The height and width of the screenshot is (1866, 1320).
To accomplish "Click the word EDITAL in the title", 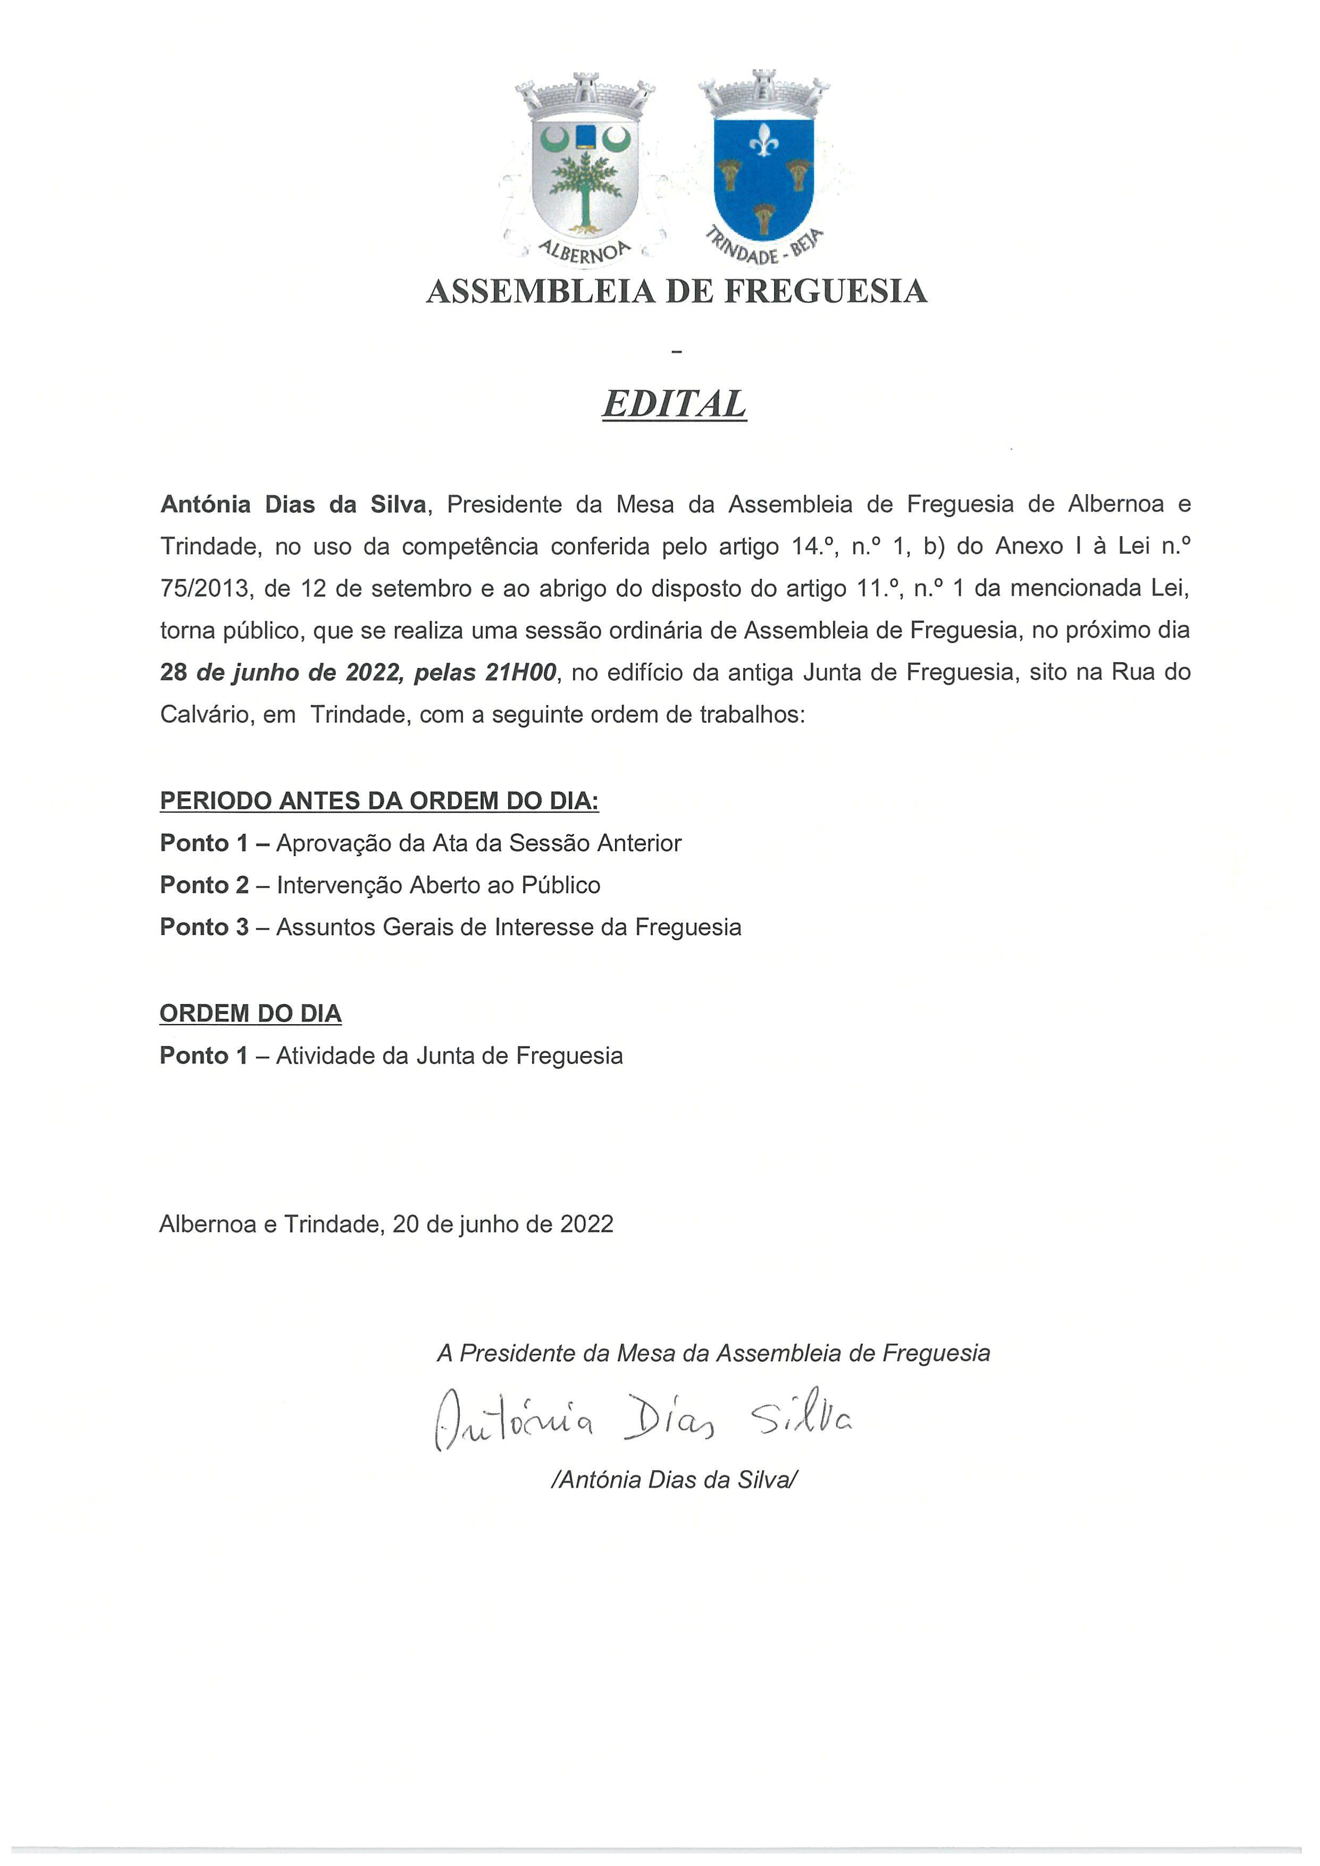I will [674, 404].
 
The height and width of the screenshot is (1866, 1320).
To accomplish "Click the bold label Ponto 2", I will [204, 885].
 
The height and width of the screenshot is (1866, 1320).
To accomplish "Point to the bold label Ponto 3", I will [204, 927].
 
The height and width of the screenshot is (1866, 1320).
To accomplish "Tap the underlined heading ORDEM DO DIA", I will [250, 1014].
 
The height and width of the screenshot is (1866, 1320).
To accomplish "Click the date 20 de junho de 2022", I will [502, 1224].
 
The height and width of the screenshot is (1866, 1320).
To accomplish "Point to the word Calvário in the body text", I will [205, 714].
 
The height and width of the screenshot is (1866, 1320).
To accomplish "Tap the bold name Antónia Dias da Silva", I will [292, 505].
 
